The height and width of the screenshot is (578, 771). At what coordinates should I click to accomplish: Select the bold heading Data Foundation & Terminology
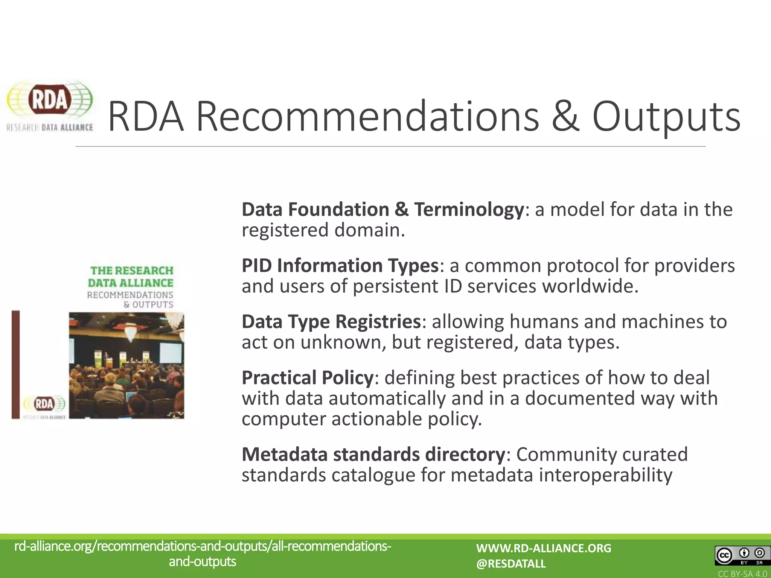pyautogui.click(x=382, y=210)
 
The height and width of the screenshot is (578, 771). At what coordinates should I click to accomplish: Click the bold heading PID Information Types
pyautogui.click(x=340, y=266)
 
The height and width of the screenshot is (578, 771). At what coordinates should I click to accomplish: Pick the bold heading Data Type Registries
pyautogui.click(x=331, y=322)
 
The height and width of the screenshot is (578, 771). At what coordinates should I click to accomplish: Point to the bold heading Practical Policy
pyautogui.click(x=307, y=378)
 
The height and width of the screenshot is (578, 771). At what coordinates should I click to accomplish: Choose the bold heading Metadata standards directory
pyautogui.click(x=373, y=455)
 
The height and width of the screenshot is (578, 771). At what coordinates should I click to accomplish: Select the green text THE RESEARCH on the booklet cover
pyautogui.click(x=132, y=271)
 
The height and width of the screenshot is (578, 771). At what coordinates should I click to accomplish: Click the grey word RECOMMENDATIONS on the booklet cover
pyautogui.click(x=130, y=295)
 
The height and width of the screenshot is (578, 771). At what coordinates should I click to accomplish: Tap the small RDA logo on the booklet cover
pyautogui.click(x=44, y=405)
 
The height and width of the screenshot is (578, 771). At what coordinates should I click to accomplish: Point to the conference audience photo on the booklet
pyautogui.click(x=126, y=365)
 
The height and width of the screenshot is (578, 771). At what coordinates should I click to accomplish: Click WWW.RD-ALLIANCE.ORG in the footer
pyautogui.click(x=544, y=548)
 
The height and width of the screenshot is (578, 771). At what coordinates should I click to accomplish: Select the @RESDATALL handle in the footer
pyautogui.click(x=510, y=564)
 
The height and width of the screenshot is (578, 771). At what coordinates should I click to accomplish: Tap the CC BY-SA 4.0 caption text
pyautogui.click(x=742, y=574)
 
